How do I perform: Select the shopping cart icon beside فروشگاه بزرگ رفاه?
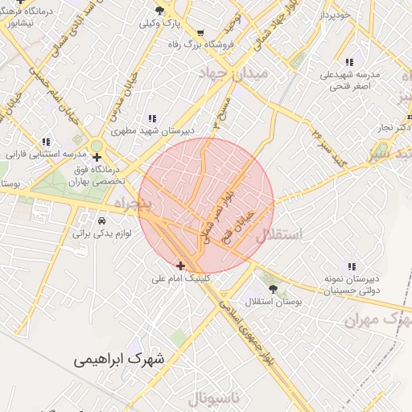click(x=200, y=34)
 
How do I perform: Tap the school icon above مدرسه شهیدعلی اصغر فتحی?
click(x=349, y=62)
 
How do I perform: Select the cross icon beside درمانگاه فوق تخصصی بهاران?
click(x=97, y=157)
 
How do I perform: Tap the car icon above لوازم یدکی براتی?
click(x=101, y=220)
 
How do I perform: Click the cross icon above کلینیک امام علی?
click(x=180, y=265)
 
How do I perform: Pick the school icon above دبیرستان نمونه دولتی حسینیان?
click(x=351, y=266)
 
